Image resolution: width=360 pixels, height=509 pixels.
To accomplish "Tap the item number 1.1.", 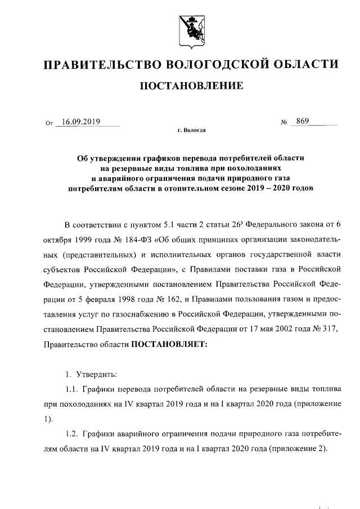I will tap(70, 389).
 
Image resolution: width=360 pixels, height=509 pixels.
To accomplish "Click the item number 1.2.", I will tap(70, 434).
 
